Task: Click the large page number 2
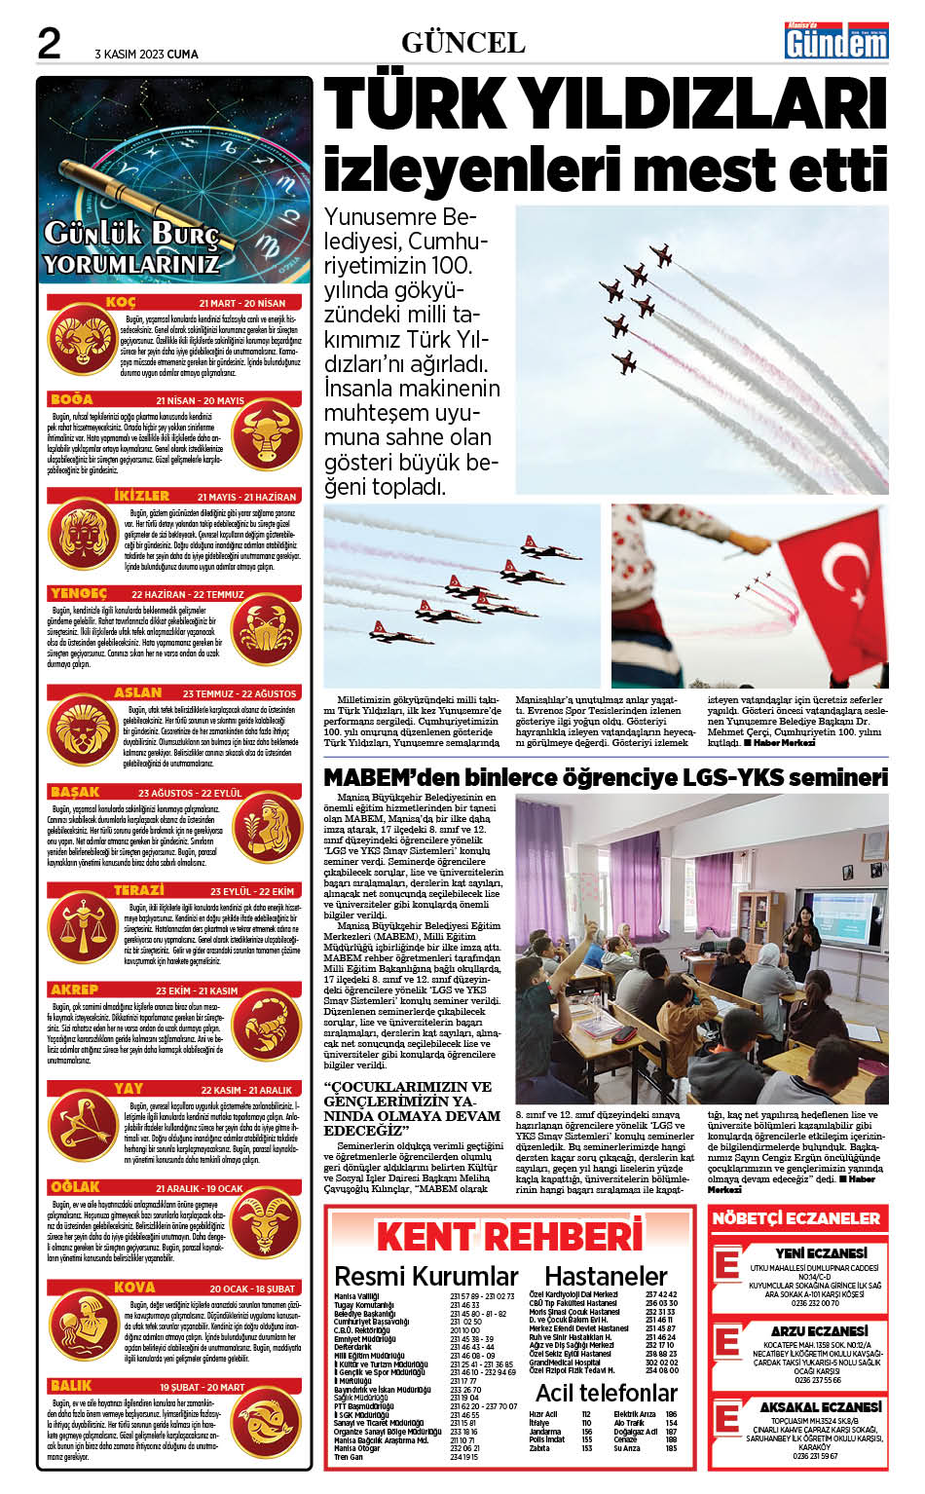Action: pyautogui.click(x=49, y=44)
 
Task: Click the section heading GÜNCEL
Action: pyautogui.click(x=462, y=43)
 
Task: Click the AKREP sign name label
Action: pyautogui.click(x=75, y=990)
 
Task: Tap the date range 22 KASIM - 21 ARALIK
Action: pyautogui.click(x=246, y=1090)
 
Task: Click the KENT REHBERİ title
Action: pyautogui.click(x=509, y=1236)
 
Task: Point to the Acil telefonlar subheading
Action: pyautogui.click(x=606, y=1393)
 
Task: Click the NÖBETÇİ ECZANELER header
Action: pyautogui.click(x=795, y=1218)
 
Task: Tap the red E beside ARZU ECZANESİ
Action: pyautogui.click(x=727, y=1343)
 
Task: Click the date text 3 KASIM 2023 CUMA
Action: pyautogui.click(x=146, y=54)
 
